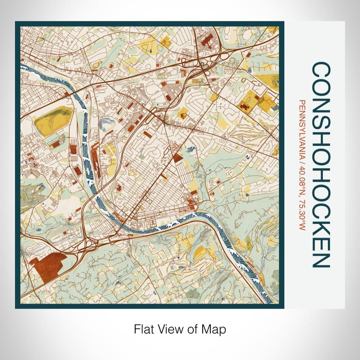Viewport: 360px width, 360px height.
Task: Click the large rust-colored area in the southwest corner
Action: (49, 265)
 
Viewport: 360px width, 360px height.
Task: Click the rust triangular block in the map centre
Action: (178, 157)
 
